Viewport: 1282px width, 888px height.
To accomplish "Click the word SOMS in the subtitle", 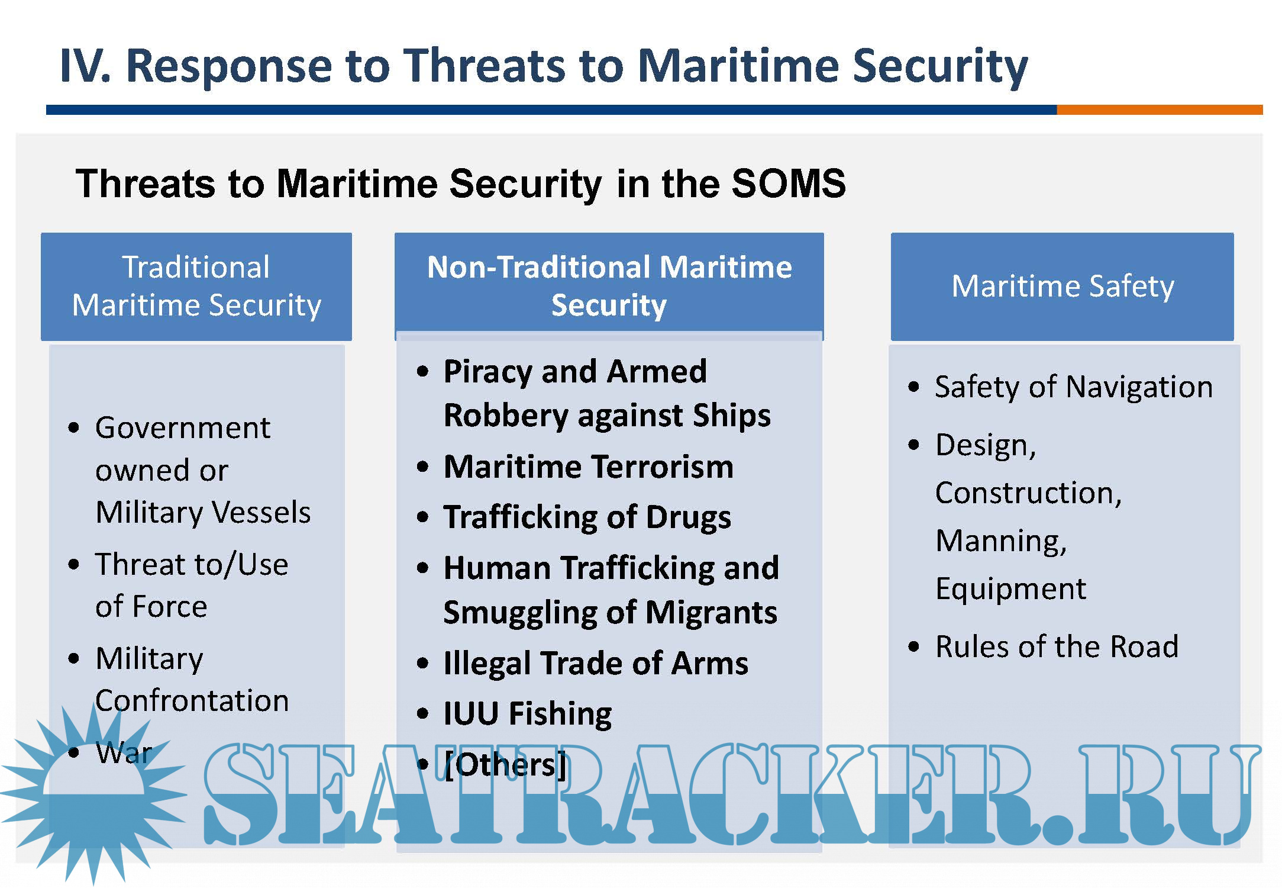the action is pyautogui.click(x=788, y=183).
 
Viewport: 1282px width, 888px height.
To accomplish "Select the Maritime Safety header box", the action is pyautogui.click(x=1063, y=287).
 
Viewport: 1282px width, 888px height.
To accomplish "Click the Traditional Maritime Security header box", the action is pyautogui.click(x=196, y=287).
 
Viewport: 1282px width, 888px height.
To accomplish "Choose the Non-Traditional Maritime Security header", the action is pyautogui.click(x=609, y=287).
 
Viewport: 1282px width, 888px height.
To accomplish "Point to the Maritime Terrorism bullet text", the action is pyautogui.click(x=589, y=466).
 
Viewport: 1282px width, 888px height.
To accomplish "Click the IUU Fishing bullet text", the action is pyautogui.click(x=528, y=714).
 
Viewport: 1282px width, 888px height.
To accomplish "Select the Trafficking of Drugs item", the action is pyautogui.click(x=587, y=517).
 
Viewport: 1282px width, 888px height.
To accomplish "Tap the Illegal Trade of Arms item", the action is pyautogui.click(x=596, y=663).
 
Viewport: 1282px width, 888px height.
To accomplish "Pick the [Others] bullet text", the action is pyautogui.click(x=505, y=765).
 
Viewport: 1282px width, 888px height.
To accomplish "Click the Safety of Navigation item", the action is pyautogui.click(x=1074, y=388).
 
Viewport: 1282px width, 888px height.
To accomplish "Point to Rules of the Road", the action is pyautogui.click(x=1057, y=646).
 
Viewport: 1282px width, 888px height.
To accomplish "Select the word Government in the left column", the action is pyautogui.click(x=183, y=428).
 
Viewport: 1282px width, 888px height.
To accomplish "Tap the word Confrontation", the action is pyautogui.click(x=192, y=701).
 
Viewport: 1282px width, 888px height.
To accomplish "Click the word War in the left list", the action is pyautogui.click(x=124, y=753).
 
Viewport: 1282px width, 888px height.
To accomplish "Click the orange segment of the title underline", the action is pyautogui.click(x=1160, y=110).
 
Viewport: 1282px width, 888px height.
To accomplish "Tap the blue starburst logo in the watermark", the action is pyautogui.click(x=93, y=793).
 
